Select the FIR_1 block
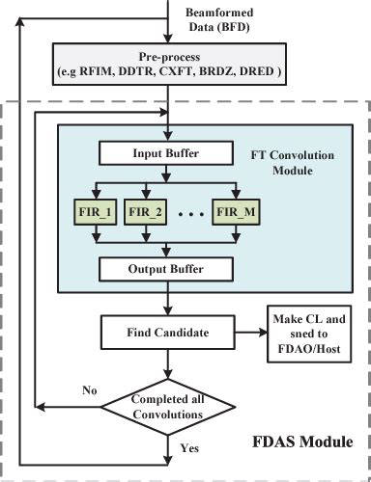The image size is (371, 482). (93, 210)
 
